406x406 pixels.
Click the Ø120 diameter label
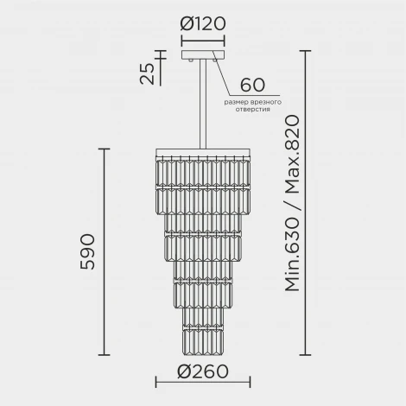[202, 24]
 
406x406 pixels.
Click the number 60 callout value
[252, 86]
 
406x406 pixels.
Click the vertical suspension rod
[203, 104]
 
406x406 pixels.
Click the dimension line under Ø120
[203, 41]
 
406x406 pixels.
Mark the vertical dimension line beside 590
[105, 252]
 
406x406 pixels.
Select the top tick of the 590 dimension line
[105, 149]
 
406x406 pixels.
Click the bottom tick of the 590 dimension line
[105, 355]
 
